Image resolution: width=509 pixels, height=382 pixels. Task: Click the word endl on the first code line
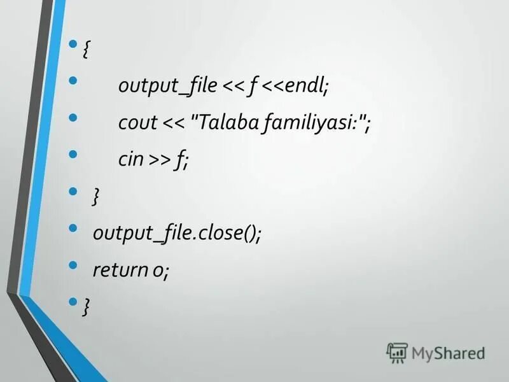(306, 86)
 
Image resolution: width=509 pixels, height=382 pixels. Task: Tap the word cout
(137, 122)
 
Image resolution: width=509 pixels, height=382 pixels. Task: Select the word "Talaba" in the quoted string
(227, 122)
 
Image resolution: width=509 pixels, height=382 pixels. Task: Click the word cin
(131, 159)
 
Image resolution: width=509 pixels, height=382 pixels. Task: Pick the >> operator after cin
(160, 160)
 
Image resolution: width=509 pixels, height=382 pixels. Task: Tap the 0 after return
(157, 271)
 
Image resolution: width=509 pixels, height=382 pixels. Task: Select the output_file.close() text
(177, 233)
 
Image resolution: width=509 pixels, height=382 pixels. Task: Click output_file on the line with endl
(167, 87)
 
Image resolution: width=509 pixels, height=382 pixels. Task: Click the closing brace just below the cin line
(95, 197)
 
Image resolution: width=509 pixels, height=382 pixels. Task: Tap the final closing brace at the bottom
(85, 307)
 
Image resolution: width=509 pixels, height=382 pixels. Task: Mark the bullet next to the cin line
(73, 154)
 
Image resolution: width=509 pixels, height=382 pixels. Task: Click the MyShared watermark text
(448, 353)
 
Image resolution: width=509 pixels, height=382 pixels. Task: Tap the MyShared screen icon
(397, 352)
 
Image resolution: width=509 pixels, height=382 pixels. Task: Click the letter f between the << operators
(253, 87)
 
